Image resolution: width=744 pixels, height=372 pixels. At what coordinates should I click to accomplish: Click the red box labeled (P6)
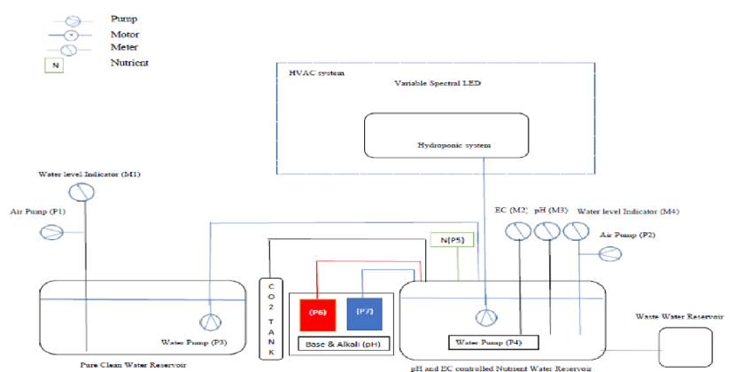[x=318, y=311]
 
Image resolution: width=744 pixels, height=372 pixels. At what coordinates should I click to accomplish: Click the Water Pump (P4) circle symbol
[x=482, y=317]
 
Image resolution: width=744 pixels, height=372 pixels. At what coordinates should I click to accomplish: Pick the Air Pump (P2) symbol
[x=610, y=253]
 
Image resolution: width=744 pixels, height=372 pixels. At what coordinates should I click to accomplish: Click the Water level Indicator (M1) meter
[x=82, y=191]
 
